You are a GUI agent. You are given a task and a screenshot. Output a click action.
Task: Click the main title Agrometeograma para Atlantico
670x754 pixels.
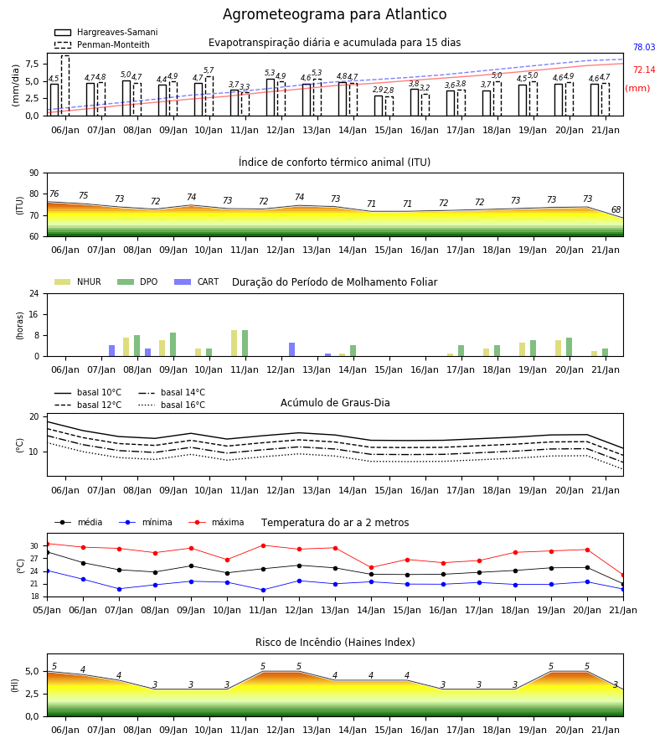334,14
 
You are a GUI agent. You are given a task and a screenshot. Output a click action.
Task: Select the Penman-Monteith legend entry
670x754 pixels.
102,44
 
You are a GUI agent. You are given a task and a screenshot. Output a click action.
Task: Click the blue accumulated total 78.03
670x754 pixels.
644,47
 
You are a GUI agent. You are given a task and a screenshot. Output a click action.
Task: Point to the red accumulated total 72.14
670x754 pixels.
644,70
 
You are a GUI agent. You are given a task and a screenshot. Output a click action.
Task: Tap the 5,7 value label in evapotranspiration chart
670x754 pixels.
209,70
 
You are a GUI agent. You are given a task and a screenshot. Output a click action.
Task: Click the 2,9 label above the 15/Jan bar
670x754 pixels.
378,90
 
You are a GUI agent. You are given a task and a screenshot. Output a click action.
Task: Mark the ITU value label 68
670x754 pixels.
616,209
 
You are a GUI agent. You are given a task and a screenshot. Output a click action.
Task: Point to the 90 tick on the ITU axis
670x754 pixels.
34,173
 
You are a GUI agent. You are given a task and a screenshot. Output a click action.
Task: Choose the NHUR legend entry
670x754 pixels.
78,281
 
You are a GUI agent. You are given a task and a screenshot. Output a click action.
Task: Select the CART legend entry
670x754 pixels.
197,281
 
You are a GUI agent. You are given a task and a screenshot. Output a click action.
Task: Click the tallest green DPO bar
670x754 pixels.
245,343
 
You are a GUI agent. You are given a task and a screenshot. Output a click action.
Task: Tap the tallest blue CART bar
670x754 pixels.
291,349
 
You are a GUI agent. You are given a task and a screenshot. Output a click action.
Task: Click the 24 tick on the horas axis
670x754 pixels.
34,293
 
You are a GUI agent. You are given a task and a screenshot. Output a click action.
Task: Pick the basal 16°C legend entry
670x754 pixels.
172,405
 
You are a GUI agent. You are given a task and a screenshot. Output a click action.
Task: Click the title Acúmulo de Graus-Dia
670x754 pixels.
335,403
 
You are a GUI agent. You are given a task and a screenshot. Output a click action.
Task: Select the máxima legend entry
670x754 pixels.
217,522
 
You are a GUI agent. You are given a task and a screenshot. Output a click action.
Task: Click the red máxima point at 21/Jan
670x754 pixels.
623,575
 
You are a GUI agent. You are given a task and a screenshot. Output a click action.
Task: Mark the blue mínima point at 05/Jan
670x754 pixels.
47,571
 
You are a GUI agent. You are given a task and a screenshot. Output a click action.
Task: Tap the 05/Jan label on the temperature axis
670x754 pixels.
47,610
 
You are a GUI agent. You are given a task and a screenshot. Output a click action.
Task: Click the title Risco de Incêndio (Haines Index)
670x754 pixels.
335,643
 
